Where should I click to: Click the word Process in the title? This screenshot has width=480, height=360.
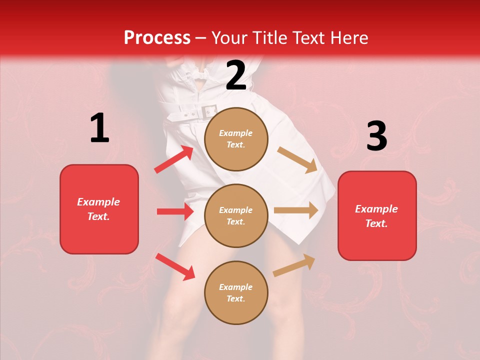(x=157, y=38)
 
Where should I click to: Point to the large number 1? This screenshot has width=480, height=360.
(x=99, y=128)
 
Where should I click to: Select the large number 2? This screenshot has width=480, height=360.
(x=236, y=75)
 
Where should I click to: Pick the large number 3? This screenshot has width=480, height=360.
(x=376, y=136)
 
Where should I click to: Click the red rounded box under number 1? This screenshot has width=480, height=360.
(x=99, y=209)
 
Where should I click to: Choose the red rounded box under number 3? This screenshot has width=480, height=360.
(x=377, y=215)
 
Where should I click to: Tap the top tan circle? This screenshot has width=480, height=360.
(x=236, y=139)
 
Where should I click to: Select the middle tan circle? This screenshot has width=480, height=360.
(x=236, y=215)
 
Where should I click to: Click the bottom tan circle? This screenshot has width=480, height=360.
(x=236, y=292)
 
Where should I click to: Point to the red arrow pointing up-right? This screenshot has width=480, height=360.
(x=173, y=159)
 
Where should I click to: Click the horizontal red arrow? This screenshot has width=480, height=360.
(x=175, y=211)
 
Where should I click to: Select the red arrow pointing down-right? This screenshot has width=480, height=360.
(x=175, y=266)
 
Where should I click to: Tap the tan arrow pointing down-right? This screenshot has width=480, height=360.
(x=297, y=160)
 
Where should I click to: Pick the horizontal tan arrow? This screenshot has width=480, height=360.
(x=296, y=210)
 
